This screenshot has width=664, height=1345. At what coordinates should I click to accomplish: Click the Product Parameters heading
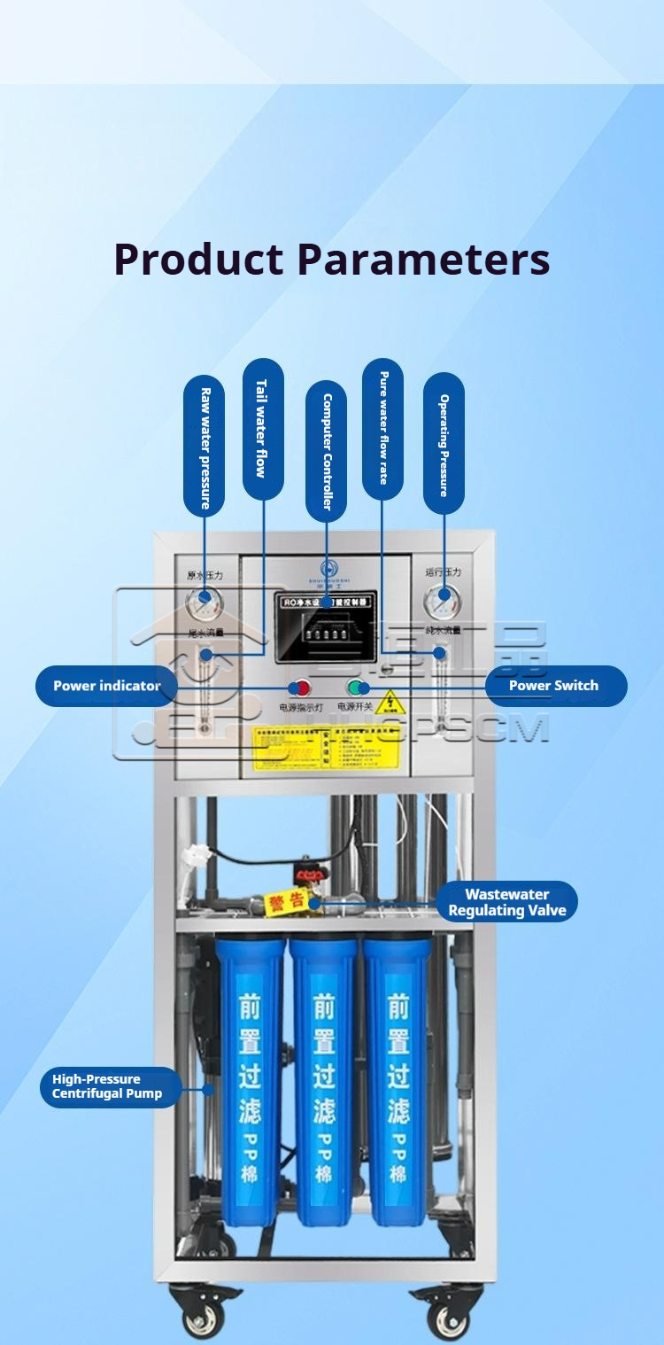(x=332, y=259)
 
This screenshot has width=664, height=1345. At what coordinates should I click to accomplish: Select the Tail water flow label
(x=262, y=429)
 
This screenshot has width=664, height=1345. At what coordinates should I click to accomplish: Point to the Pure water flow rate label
(x=382, y=429)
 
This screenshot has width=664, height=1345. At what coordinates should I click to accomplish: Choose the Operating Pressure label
(x=444, y=445)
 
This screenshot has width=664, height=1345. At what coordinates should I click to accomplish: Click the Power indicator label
(x=106, y=686)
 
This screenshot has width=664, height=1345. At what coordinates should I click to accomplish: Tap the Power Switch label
(x=554, y=686)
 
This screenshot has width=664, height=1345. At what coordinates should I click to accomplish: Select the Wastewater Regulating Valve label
(x=506, y=902)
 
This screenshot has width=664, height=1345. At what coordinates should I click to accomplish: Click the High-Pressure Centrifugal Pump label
(x=108, y=1086)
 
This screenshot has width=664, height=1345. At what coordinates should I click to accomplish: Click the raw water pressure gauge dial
(x=205, y=604)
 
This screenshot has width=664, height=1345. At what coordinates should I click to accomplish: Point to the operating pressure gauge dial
(x=441, y=603)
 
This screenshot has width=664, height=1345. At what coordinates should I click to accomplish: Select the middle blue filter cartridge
(x=324, y=1081)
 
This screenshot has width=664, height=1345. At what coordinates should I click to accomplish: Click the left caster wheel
(x=202, y=1318)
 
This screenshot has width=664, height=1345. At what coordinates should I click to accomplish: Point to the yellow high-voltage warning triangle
(x=390, y=705)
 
